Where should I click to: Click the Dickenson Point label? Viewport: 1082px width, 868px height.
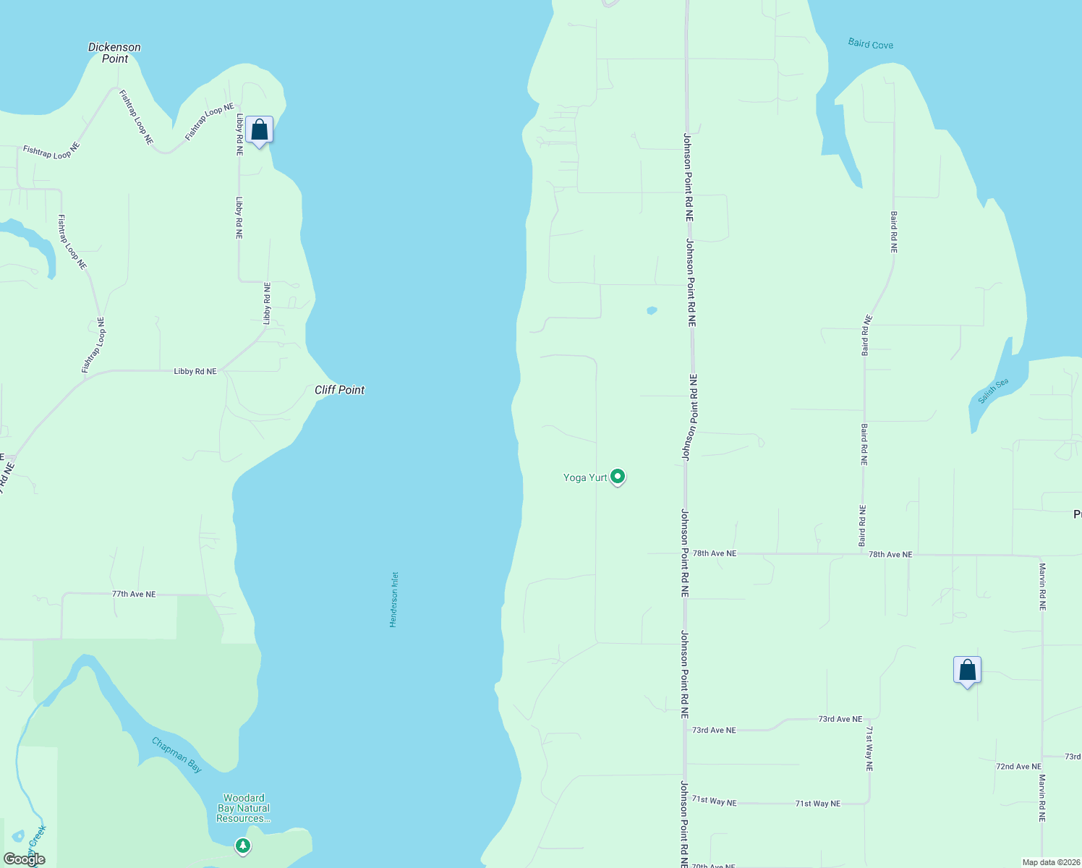tap(114, 53)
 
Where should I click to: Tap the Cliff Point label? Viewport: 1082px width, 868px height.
tap(339, 390)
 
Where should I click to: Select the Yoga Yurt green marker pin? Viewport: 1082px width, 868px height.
tap(618, 477)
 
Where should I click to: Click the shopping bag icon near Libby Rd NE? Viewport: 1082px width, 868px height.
tap(259, 130)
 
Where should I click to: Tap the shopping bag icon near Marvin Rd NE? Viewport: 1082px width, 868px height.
tap(967, 671)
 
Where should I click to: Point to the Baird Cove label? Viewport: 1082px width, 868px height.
tap(870, 44)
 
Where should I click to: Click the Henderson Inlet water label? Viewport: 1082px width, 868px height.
tap(394, 600)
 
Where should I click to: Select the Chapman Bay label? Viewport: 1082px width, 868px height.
tap(177, 755)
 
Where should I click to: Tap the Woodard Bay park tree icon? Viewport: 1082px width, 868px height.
tap(243, 845)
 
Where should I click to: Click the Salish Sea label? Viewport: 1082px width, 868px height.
tap(993, 391)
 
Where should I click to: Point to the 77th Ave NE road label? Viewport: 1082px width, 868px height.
tap(134, 594)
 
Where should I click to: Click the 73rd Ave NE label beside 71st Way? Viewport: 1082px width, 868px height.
tap(840, 719)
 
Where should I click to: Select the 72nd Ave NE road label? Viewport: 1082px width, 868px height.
tap(1018, 767)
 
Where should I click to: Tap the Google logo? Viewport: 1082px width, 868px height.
tap(25, 859)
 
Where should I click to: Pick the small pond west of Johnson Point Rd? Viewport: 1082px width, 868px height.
tap(652, 310)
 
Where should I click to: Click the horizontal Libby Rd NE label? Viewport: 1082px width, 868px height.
tap(195, 371)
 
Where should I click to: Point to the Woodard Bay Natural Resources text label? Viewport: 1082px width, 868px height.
tap(244, 808)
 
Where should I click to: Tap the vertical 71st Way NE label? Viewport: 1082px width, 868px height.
tap(869, 749)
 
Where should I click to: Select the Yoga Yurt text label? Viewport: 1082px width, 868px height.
tap(585, 477)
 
